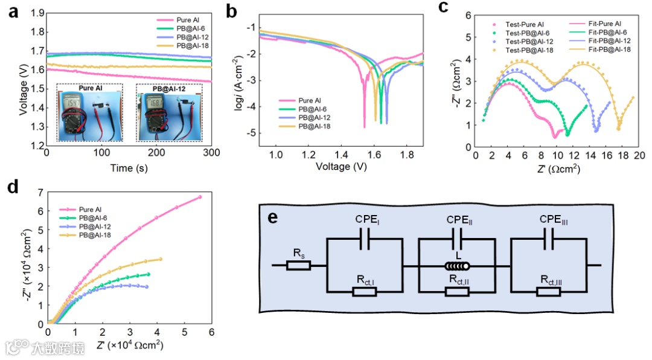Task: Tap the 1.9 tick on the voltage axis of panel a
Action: click(38, 11)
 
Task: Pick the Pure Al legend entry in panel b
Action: click(314, 100)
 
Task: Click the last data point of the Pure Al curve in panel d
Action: click(200, 197)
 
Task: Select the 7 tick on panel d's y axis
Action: click(40, 192)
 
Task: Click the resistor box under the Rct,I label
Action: click(364, 292)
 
